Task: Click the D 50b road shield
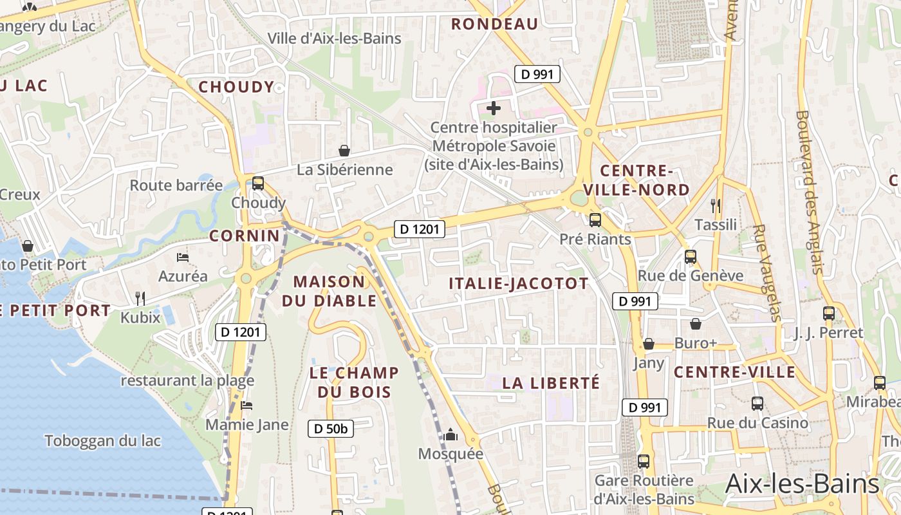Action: pos(331,429)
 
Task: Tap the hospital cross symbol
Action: pos(494,108)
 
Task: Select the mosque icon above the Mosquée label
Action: pos(450,435)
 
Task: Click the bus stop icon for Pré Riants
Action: pos(595,220)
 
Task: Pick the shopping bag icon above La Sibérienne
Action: pos(344,151)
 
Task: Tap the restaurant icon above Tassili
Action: pos(716,205)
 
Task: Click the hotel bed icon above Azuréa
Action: pos(183,257)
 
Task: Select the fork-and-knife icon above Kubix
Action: pos(140,298)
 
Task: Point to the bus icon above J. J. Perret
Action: pos(829,314)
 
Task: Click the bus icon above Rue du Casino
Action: pos(757,404)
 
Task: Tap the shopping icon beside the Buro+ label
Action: pos(696,324)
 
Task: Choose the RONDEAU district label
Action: pos(494,24)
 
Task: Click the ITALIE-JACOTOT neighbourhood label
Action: pos(519,284)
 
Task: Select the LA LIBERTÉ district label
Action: pos(551,383)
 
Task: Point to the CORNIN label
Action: pos(245,236)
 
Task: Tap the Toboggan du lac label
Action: pos(103,441)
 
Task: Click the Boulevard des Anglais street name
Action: pos(810,192)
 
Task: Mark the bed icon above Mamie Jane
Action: pos(246,406)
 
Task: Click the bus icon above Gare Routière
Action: pos(644,461)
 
